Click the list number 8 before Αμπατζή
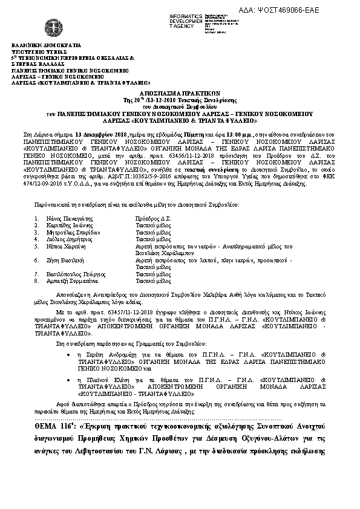click(36, 281)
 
